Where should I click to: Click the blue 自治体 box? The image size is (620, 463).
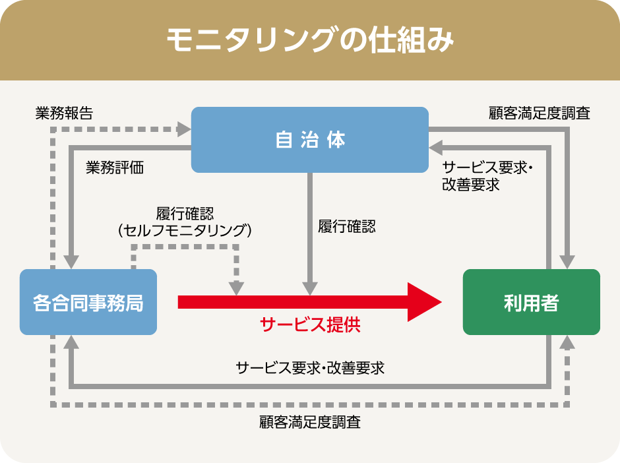[309, 140]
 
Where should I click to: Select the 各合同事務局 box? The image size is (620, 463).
[88, 302]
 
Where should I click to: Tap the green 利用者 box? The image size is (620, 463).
[532, 302]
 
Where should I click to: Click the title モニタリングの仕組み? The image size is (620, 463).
[310, 40]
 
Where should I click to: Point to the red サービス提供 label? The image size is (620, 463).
[310, 324]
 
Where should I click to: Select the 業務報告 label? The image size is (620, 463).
[64, 113]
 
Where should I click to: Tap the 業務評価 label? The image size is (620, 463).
[115, 168]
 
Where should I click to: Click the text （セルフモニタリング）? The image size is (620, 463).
[185, 230]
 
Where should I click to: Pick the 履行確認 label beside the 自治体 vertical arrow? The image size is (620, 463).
[347, 227]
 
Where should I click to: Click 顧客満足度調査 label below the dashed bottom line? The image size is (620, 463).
[310, 422]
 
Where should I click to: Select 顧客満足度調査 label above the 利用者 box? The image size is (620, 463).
[540, 113]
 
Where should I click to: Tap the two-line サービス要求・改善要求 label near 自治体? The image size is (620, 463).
[487, 176]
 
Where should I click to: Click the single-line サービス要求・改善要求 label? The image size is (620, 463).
[310, 368]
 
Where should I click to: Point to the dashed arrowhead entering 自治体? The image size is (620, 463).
[184, 129]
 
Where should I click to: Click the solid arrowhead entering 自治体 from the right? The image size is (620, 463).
[436, 148]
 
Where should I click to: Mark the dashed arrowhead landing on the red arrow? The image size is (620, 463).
[236, 289]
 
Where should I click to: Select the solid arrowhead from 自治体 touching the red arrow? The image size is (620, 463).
[310, 289]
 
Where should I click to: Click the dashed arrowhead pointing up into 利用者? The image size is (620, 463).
[567, 342]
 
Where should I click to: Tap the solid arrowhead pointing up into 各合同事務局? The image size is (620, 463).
[71, 342]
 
